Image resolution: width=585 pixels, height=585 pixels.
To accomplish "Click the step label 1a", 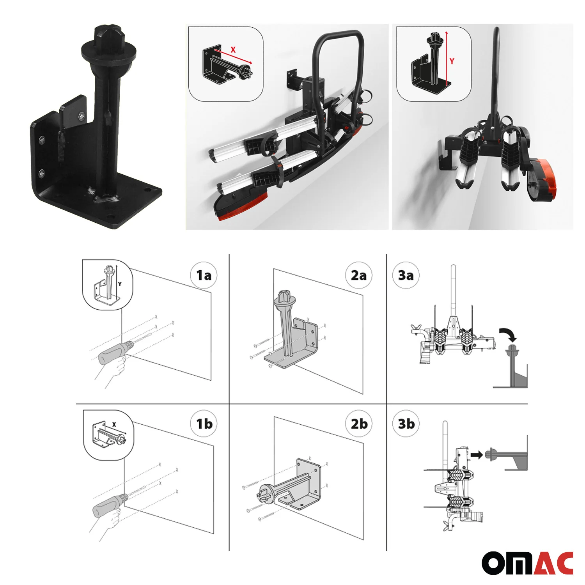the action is [x=204, y=276].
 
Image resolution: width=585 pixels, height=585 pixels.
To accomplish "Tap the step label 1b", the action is [x=204, y=424].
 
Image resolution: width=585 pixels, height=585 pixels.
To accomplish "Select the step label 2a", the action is [x=359, y=275].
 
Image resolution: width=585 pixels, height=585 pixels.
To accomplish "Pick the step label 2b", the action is [x=359, y=424].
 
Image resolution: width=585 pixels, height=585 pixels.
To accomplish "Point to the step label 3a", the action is [x=406, y=275].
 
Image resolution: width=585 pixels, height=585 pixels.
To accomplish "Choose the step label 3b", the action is [x=406, y=424].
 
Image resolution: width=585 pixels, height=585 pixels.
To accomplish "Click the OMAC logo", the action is [x=527, y=563].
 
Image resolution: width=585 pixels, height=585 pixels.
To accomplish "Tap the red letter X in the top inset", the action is [x=233, y=50].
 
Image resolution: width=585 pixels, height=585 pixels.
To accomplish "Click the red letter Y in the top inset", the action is [x=452, y=61].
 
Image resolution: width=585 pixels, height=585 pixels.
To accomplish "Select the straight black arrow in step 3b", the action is [x=477, y=454].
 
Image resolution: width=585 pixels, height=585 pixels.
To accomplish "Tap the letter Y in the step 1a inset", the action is [x=120, y=284].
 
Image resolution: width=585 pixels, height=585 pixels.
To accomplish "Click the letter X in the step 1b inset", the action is [x=114, y=424].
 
